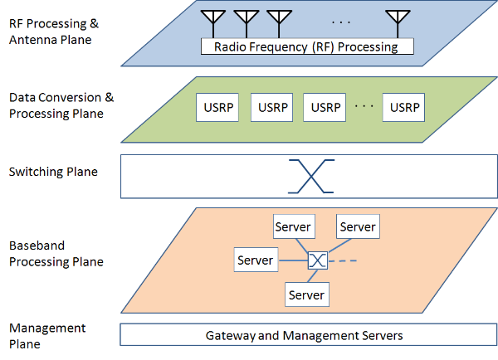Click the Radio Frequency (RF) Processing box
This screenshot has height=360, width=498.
click(x=305, y=46)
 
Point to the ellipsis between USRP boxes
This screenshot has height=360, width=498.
click(x=364, y=106)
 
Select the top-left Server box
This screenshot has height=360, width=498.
click(x=292, y=226)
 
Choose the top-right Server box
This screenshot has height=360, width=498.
click(x=358, y=226)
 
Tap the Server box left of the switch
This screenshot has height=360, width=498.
click(x=255, y=260)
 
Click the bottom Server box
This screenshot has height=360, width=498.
click(x=305, y=294)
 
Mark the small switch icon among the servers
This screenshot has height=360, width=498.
click(x=317, y=261)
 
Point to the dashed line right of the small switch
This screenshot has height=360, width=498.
click(x=347, y=261)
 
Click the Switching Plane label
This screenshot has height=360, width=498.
click(x=53, y=173)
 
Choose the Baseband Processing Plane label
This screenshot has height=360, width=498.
click(x=55, y=254)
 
